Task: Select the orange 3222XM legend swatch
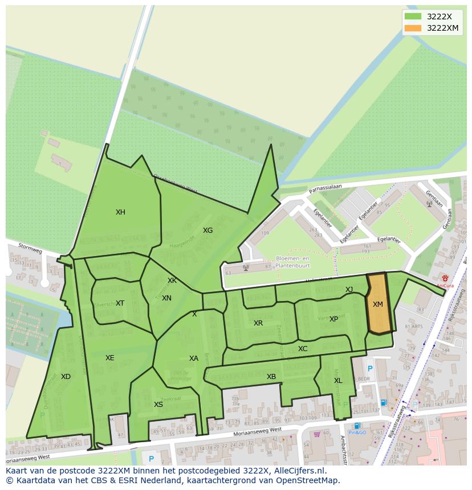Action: (413, 28)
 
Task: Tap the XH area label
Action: (120, 212)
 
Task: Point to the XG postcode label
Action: (207, 230)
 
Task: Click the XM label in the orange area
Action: (378, 304)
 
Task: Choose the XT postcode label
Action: (120, 303)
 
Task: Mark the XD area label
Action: (66, 377)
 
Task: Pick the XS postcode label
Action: (158, 405)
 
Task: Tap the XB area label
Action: (271, 377)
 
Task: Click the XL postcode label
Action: (338, 381)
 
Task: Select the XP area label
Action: (333, 319)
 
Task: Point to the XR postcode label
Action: (258, 323)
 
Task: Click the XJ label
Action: (349, 290)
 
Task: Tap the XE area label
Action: (110, 358)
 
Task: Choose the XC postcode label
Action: (303, 349)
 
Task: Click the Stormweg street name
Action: (30, 249)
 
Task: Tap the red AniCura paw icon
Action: (445, 278)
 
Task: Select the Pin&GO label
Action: (357, 433)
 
